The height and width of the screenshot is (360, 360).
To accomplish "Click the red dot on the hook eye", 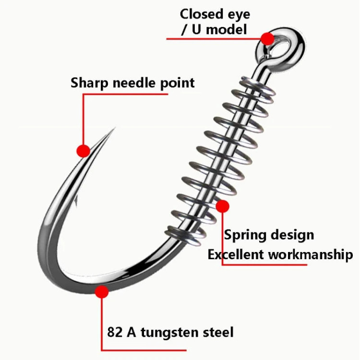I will click(x=267, y=39).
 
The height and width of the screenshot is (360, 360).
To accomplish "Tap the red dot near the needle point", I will click(x=83, y=151).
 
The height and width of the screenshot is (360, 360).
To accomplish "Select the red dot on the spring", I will click(x=222, y=206).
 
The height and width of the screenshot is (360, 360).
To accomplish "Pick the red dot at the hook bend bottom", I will click(x=101, y=291).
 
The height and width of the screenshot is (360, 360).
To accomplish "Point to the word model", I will click(x=227, y=29).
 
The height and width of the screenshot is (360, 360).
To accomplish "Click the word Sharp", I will click(x=89, y=83).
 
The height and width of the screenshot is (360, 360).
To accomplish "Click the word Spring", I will click(x=245, y=236).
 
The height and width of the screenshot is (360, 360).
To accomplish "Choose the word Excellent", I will click(x=235, y=254).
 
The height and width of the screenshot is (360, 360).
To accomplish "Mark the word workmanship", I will click(x=310, y=254).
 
